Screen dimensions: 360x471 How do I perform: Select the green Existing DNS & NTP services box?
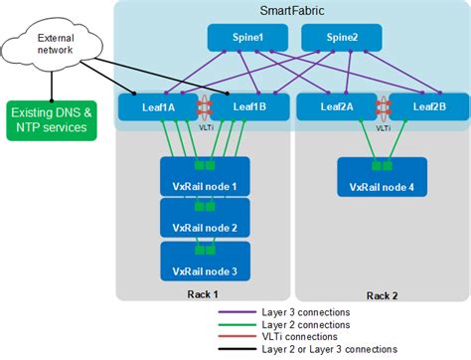[x=53, y=120]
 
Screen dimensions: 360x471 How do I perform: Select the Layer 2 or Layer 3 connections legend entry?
[x=327, y=349]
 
